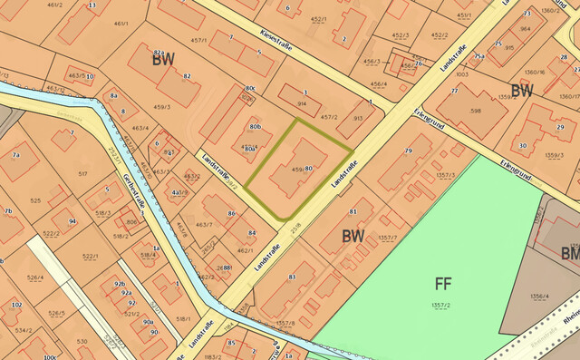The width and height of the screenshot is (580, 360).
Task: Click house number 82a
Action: [x=159, y=54]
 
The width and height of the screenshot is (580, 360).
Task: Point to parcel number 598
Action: [x=476, y=111]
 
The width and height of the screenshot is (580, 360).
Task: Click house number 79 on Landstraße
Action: [x=409, y=150]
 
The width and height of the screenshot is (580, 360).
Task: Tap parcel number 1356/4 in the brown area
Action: [x=538, y=296]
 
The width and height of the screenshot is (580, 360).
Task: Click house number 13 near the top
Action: [x=92, y=5]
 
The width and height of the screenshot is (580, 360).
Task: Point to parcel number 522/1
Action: [x=90, y=257]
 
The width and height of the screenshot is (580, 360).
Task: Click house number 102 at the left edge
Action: [x=16, y=306]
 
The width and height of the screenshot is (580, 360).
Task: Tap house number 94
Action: [x=72, y=220]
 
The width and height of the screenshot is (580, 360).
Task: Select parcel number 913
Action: [x=357, y=118]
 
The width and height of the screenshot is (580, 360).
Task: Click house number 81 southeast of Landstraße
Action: [x=353, y=211]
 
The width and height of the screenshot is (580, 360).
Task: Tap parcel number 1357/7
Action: [x=388, y=238]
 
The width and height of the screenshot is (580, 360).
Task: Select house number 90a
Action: [x=148, y=321]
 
